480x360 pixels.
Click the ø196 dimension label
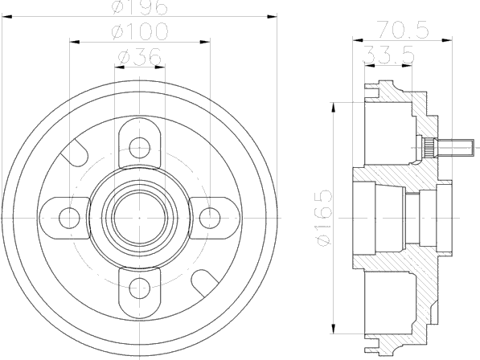tap(140, 6)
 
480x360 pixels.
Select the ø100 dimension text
tap(140, 31)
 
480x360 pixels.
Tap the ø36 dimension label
tap(140, 56)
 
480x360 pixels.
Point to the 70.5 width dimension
tap(402, 30)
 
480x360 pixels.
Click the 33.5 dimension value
tap(389, 55)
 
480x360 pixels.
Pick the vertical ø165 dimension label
tap(325, 218)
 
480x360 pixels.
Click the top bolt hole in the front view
tap(140, 148)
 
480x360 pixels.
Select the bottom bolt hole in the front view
tap(140, 288)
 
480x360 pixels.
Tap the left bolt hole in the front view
tap(69, 218)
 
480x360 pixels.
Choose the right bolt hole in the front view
tap(210, 218)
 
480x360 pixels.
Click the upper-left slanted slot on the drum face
tap(75, 153)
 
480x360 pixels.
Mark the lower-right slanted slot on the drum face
tap(204, 283)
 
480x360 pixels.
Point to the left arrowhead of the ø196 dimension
tap(6, 17)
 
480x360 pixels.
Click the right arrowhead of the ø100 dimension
tap(205, 42)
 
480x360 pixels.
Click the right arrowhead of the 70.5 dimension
tap(447, 39)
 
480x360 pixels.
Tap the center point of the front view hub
tap(140, 218)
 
